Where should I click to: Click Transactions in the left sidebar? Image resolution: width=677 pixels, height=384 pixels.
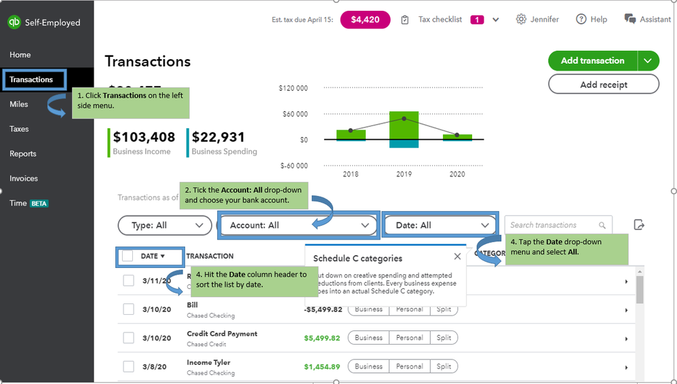pyautogui.click(x=31, y=79)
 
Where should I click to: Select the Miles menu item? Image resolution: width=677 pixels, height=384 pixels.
pyautogui.click(x=19, y=104)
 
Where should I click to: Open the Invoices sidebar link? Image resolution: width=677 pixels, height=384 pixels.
pyautogui.click(x=24, y=178)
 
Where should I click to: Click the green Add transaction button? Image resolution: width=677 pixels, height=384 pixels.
pyautogui.click(x=592, y=60)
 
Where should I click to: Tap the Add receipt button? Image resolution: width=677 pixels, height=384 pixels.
pyautogui.click(x=603, y=85)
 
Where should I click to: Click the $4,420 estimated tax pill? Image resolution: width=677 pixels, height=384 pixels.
pyautogui.click(x=365, y=20)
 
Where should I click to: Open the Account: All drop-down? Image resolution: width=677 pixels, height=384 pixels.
pyautogui.click(x=298, y=225)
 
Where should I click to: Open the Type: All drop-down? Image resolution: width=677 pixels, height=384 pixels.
pyautogui.click(x=164, y=225)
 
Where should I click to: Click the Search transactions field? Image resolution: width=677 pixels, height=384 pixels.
pyautogui.click(x=553, y=225)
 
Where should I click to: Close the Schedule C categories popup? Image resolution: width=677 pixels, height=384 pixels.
pyautogui.click(x=457, y=256)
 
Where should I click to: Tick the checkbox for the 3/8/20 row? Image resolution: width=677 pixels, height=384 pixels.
pyautogui.click(x=128, y=366)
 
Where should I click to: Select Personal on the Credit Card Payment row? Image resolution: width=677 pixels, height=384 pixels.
pyautogui.click(x=409, y=338)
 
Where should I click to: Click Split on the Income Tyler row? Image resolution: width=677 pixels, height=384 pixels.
pyautogui.click(x=444, y=366)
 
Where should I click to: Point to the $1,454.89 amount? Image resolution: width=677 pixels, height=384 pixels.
pyautogui.click(x=322, y=366)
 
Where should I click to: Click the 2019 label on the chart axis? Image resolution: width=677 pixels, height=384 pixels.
pyautogui.click(x=404, y=174)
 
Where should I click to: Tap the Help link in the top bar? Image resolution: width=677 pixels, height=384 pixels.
pyautogui.click(x=592, y=20)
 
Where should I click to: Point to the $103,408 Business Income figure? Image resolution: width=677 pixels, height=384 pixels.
pyautogui.click(x=144, y=137)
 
